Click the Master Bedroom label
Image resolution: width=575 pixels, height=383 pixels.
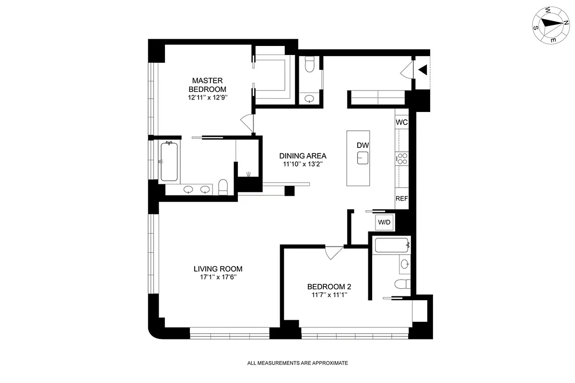(208, 85)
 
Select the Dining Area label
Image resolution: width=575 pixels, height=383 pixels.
(303, 156)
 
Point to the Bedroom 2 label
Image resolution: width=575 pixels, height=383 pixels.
(329, 287)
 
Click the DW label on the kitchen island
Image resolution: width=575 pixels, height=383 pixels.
(362, 145)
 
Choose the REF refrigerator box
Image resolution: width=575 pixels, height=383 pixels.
(402, 199)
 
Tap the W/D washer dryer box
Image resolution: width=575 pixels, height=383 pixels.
(384, 222)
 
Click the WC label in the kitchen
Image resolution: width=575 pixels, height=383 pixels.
(402, 123)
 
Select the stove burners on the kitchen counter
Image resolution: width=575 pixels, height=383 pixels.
(402, 158)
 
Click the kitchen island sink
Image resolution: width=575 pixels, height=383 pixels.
(362, 158)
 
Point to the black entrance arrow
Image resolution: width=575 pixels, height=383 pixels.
(422, 70)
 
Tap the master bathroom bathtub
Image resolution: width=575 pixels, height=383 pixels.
(169, 162)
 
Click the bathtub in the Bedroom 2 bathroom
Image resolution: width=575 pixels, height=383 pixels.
(391, 246)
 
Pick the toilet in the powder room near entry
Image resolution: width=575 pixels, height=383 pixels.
(309, 63)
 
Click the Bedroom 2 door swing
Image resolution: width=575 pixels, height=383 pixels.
(333, 252)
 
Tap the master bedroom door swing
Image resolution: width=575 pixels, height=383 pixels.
(247, 124)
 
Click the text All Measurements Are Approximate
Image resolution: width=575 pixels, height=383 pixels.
(297, 363)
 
